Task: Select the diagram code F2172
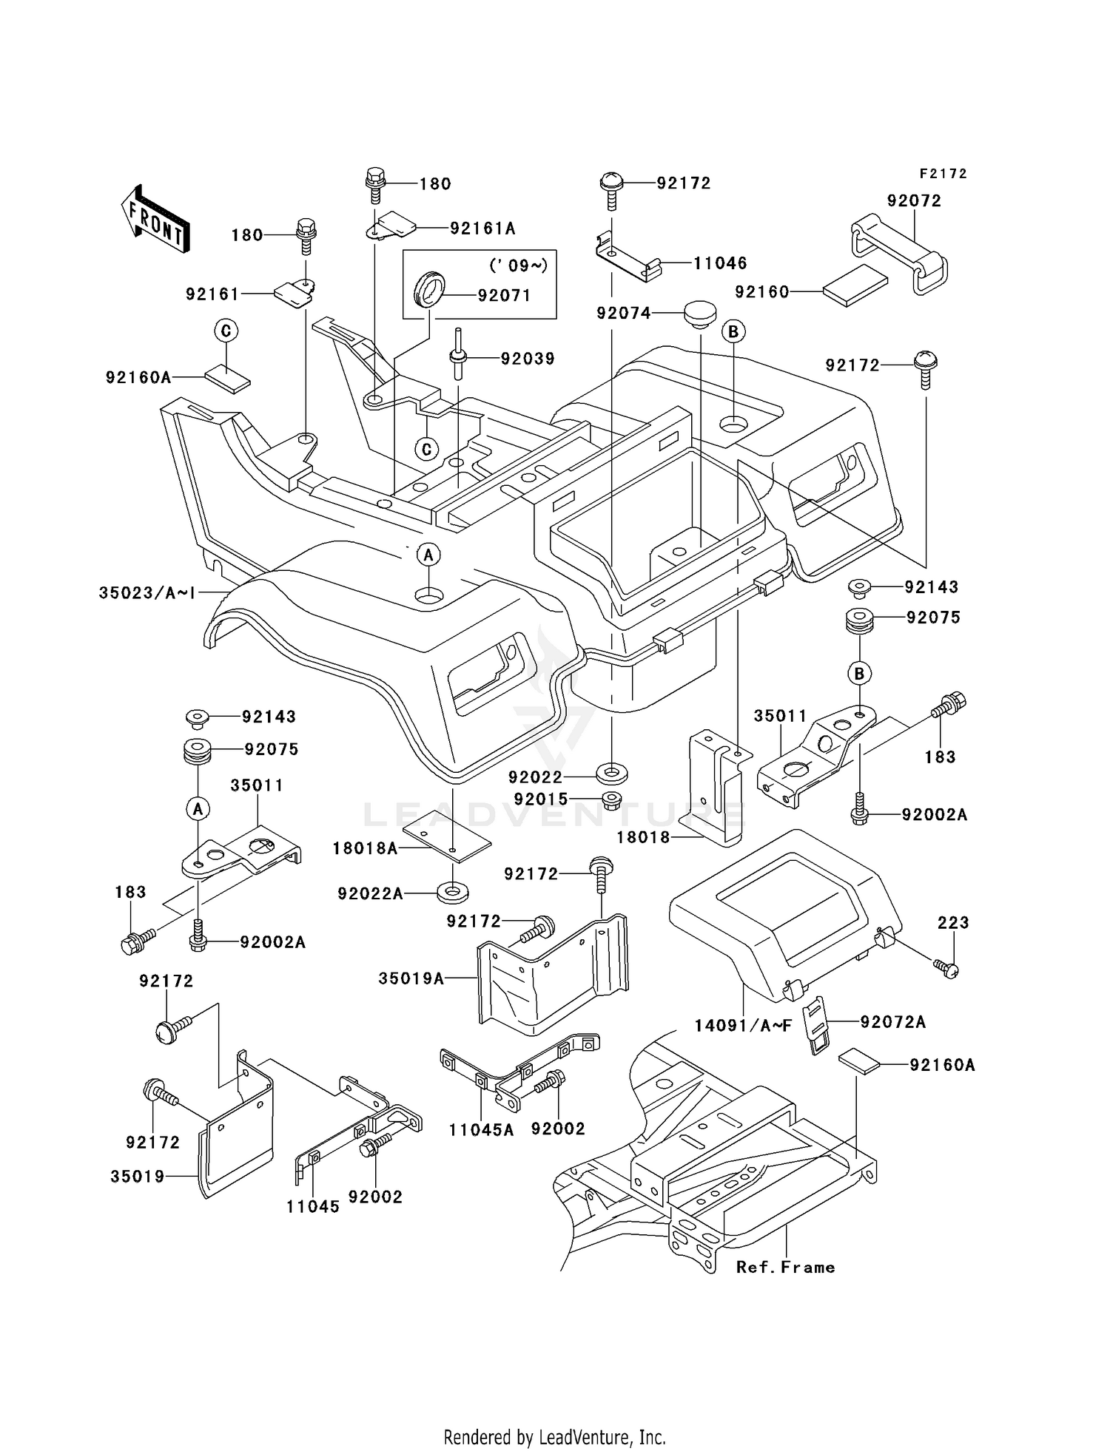943,174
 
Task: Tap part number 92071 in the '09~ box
504,296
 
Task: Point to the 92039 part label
528,359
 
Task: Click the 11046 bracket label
719,263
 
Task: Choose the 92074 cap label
624,314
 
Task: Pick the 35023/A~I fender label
147,592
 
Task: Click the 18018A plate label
365,849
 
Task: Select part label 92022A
370,894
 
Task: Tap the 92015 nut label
541,799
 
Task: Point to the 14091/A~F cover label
743,1026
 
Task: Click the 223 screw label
952,923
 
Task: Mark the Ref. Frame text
785,1268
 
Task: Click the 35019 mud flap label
138,1176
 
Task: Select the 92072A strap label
892,1022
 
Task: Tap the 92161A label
482,229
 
